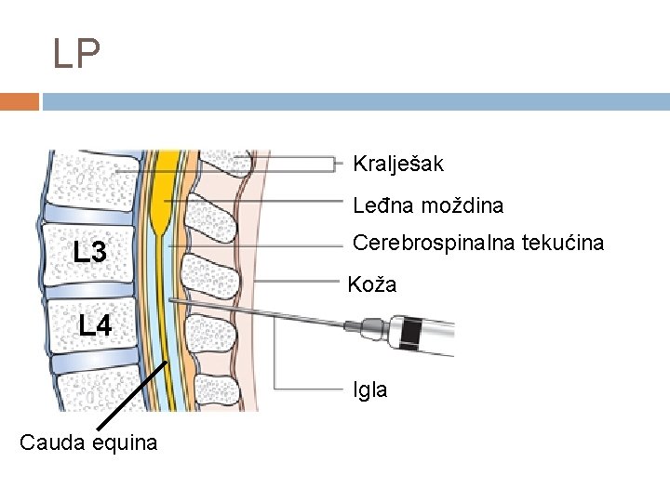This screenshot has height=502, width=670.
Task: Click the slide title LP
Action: point(76,55)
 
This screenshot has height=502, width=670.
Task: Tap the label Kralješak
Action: point(398,165)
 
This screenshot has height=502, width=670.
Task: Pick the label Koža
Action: point(372,284)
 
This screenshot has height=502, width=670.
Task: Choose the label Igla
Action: point(370,390)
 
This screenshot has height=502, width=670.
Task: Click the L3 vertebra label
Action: point(95,251)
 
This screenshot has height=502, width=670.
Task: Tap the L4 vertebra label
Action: point(95,325)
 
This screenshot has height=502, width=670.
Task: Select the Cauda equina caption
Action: point(88,443)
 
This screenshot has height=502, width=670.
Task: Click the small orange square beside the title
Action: point(20,100)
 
